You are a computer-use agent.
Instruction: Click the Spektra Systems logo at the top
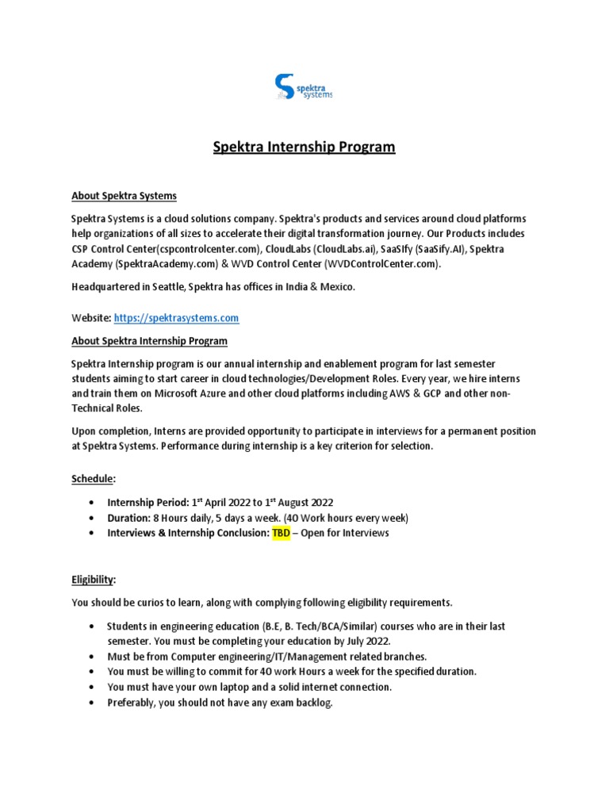point(303,86)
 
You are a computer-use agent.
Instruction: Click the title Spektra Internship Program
point(304,147)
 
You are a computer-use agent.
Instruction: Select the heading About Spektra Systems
point(124,195)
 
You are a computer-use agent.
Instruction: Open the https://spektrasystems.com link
point(176,318)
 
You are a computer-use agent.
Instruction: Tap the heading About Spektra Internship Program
point(149,341)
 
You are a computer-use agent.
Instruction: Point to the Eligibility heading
point(94,580)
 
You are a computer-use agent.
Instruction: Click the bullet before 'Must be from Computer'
point(95,657)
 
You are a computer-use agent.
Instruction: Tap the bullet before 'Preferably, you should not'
point(95,703)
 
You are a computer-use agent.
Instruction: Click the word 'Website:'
point(91,318)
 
